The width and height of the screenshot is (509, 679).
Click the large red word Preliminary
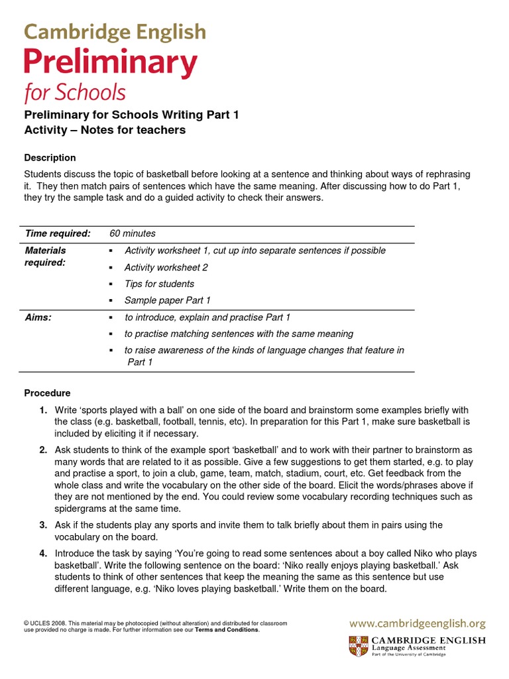(111, 64)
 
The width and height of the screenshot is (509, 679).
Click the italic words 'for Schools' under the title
(75, 93)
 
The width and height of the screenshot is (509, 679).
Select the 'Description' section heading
(50, 158)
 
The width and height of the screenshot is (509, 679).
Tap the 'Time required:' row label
(58, 233)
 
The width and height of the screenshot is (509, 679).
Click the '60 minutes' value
(133, 233)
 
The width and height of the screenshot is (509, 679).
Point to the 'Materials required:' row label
(46, 257)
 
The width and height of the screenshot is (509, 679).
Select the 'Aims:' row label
(38, 318)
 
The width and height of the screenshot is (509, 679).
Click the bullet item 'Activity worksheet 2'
(166, 267)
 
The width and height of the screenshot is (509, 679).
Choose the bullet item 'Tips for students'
(159, 284)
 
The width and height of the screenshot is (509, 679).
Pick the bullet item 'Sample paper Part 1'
(167, 300)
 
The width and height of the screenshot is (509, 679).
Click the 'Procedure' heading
(47, 393)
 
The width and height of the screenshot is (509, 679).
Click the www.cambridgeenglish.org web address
(418, 623)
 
